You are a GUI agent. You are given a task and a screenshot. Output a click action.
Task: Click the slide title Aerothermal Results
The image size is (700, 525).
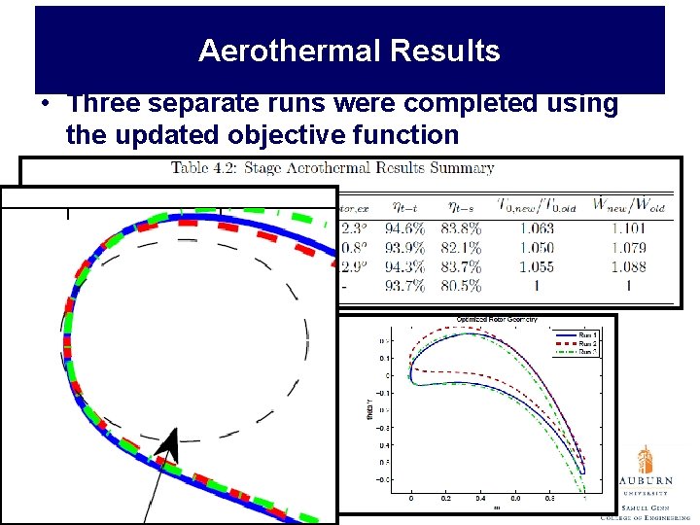tap(349, 51)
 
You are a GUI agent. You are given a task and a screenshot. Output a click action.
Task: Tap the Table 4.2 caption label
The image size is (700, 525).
tap(209, 168)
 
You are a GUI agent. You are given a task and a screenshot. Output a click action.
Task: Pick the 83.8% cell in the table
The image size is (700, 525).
tap(464, 227)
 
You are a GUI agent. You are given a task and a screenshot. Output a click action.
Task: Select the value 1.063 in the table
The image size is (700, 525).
tap(536, 227)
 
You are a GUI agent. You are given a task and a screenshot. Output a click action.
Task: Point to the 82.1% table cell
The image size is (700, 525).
tap(464, 247)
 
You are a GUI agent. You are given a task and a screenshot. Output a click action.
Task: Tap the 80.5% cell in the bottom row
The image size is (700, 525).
tap(464, 285)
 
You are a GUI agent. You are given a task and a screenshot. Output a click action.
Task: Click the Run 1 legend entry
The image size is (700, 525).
tap(588, 334)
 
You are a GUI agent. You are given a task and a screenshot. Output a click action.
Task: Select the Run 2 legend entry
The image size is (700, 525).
tap(588, 343)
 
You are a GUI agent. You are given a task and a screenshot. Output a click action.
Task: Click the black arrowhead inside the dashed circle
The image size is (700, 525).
tap(168, 446)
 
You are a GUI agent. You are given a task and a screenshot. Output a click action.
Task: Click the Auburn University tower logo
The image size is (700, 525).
tap(646, 459)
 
